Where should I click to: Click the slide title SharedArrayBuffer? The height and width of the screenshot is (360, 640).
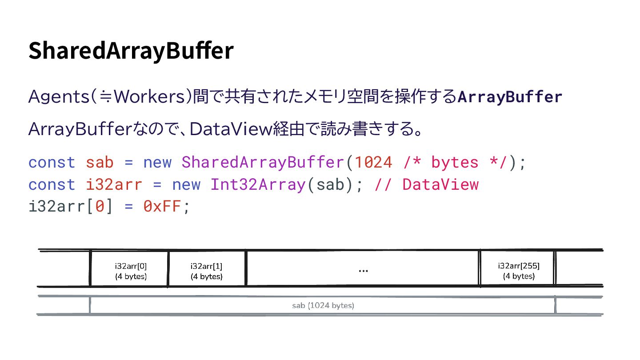[x=131, y=51]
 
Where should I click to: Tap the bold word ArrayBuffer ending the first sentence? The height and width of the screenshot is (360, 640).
[x=510, y=96]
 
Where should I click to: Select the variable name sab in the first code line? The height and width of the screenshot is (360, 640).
[x=100, y=162]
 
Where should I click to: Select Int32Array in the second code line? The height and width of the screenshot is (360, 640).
[x=258, y=184]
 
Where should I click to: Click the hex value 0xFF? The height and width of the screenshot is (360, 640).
[x=162, y=206]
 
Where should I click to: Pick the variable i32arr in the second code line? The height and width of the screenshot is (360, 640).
[x=114, y=184]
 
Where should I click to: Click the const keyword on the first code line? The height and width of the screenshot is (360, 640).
[x=52, y=162]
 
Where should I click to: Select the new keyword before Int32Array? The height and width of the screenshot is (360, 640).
[x=186, y=184]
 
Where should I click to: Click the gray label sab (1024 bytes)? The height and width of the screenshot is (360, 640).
[x=323, y=306]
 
